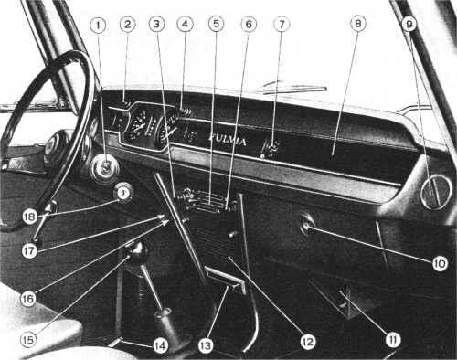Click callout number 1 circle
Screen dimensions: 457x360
98,26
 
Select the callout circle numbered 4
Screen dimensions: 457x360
185,25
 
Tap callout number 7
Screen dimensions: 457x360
282,24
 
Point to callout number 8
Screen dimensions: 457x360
358,24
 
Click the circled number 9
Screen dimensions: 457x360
409,24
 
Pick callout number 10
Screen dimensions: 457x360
441,264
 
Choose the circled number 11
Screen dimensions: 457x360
393,339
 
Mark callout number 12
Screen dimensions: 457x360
308,342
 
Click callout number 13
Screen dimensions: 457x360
206,345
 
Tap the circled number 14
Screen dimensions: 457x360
161,345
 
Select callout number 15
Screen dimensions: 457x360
28,340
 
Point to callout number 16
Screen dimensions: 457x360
28,299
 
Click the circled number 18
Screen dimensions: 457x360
30,217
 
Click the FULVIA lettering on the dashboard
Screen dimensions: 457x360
228,140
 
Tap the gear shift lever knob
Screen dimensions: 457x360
135,250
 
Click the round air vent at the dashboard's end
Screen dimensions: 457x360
436,193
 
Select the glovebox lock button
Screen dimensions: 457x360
306,225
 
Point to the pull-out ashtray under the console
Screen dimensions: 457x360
226,281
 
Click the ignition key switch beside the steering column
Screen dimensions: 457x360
105,167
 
